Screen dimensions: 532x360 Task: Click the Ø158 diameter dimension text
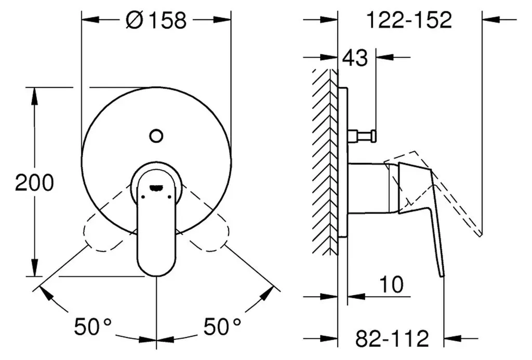point(156,20)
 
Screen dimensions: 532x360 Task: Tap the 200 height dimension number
point(35,182)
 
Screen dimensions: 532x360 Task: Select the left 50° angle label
point(93,326)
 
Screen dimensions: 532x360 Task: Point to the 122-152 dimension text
point(409,20)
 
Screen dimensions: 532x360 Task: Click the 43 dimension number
point(355,58)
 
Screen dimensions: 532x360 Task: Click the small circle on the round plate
point(156,136)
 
